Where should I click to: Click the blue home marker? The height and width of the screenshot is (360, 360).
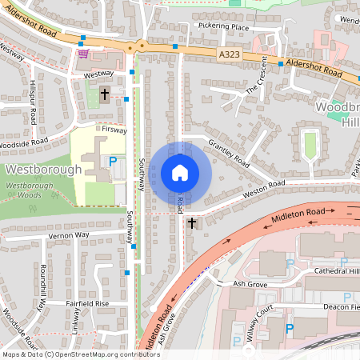pos(180,172)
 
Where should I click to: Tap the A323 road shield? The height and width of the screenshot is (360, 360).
pos(228,54)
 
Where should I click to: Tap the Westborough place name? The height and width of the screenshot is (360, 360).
pos(43,170)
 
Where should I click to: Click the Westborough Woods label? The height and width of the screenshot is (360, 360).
pos(34,190)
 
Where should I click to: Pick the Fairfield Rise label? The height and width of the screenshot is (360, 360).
pos(86,304)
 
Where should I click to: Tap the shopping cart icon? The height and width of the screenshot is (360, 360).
pos(83,54)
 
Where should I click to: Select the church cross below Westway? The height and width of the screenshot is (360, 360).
pos(105,95)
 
